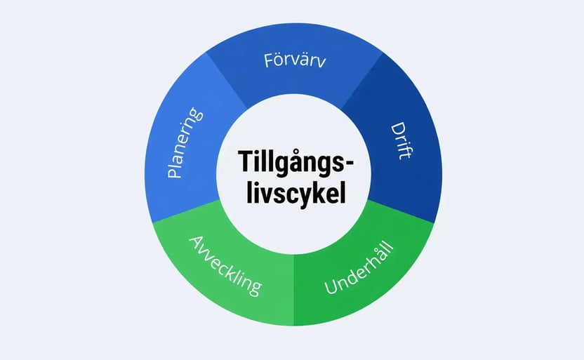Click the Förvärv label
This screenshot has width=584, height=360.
tap(295, 60)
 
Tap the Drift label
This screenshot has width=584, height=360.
tap(402, 141)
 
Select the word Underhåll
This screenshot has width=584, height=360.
tap(359, 267)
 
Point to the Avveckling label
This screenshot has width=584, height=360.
tap(225, 266)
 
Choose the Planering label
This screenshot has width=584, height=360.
tap(185, 142)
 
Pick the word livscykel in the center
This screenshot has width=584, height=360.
tap(296, 192)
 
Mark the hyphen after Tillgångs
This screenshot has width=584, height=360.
tap(350, 163)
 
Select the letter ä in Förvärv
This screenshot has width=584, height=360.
tap(305, 61)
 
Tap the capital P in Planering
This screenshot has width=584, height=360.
tap(174, 171)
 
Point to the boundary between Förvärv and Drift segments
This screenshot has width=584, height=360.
tap(362, 81)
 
